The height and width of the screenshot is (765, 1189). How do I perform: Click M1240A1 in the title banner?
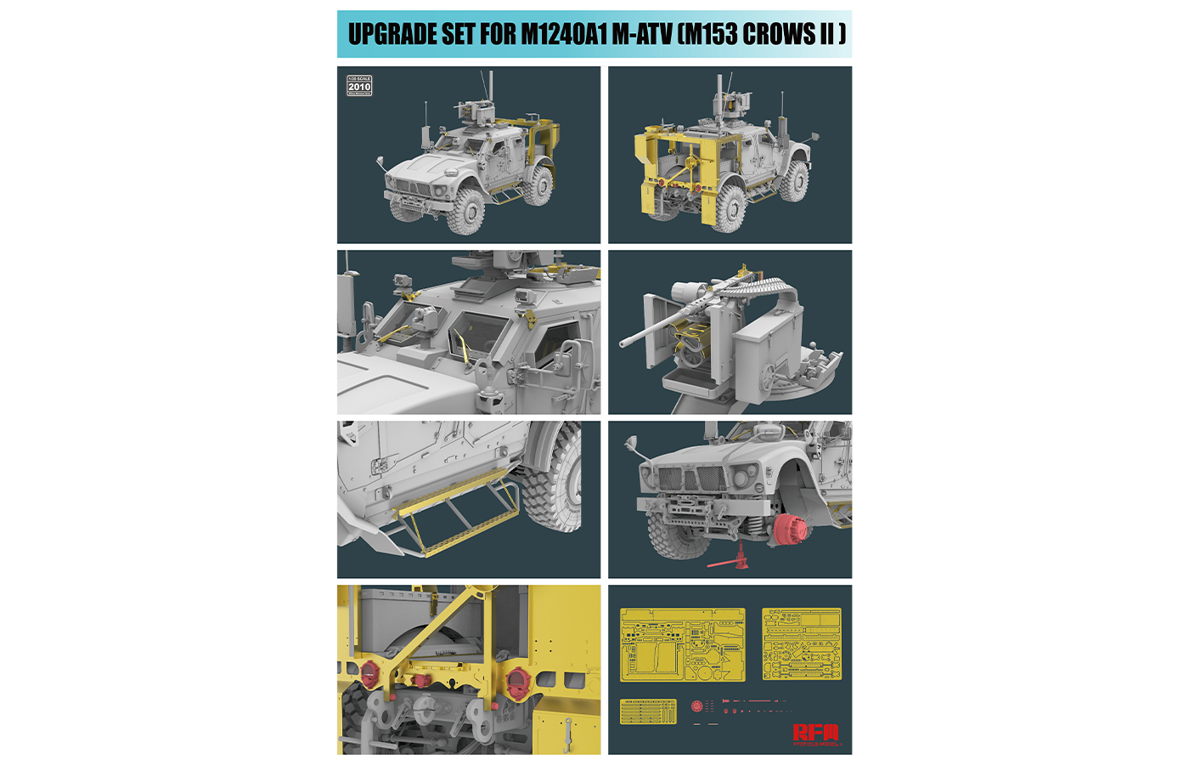(x=562, y=34)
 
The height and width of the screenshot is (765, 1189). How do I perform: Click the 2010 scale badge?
(x=359, y=85)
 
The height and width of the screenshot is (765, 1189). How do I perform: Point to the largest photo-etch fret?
(x=682, y=644)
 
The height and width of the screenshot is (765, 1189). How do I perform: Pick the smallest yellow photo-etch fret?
(x=648, y=711)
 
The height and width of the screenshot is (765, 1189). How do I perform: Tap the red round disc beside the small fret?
(x=697, y=706)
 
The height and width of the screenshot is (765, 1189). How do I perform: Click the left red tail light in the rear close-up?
(x=370, y=675)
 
